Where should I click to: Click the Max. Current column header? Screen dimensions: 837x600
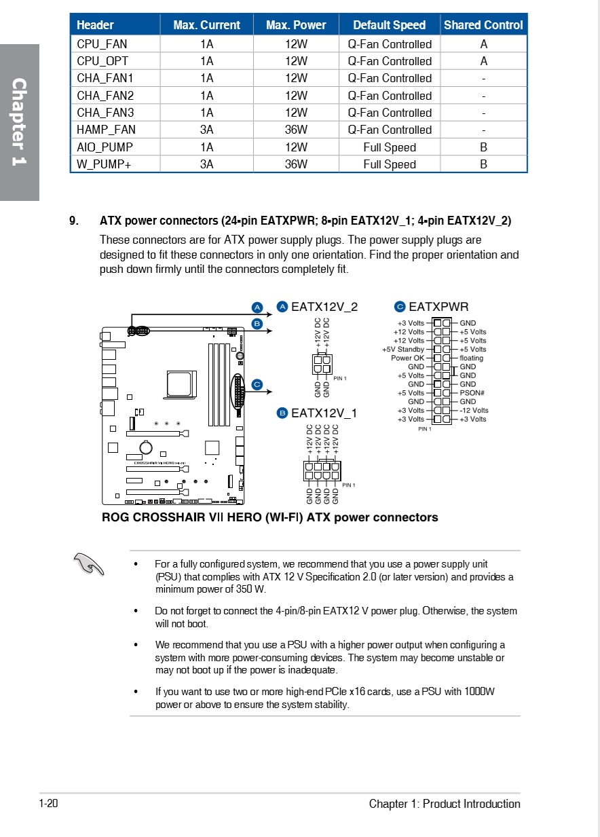[x=206, y=25]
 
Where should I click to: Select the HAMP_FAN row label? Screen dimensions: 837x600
[x=106, y=130]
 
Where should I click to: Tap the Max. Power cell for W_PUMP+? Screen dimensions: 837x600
[x=296, y=164]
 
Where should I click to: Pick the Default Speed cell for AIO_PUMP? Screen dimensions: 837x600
[x=390, y=147]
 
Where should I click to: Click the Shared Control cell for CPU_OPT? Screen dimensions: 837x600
[x=483, y=61]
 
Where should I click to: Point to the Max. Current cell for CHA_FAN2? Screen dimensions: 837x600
[x=206, y=96]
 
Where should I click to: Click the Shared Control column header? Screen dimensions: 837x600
[x=483, y=25]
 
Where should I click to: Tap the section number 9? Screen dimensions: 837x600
[x=74, y=221]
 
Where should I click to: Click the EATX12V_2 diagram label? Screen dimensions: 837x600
[x=324, y=307]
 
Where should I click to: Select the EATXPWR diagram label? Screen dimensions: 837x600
[x=438, y=307]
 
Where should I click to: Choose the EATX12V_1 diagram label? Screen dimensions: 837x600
[x=324, y=413]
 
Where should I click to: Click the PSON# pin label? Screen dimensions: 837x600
[x=472, y=393]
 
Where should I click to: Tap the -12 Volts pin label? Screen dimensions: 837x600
[x=474, y=410]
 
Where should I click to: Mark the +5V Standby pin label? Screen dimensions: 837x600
[x=403, y=350]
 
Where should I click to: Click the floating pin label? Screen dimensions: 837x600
[x=472, y=358]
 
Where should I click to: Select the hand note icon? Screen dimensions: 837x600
[x=89, y=563]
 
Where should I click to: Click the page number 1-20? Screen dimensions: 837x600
[x=49, y=804]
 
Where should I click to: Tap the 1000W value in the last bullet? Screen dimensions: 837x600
[x=479, y=692]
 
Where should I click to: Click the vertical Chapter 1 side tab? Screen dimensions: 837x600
[x=19, y=122]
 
